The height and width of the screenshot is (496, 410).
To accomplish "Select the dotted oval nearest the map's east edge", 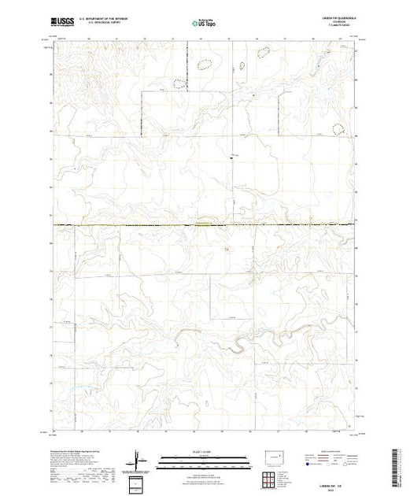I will pyautogui.click(x=340, y=128).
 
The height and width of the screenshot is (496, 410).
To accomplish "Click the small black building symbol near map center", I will pyautogui.click(x=231, y=154).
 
